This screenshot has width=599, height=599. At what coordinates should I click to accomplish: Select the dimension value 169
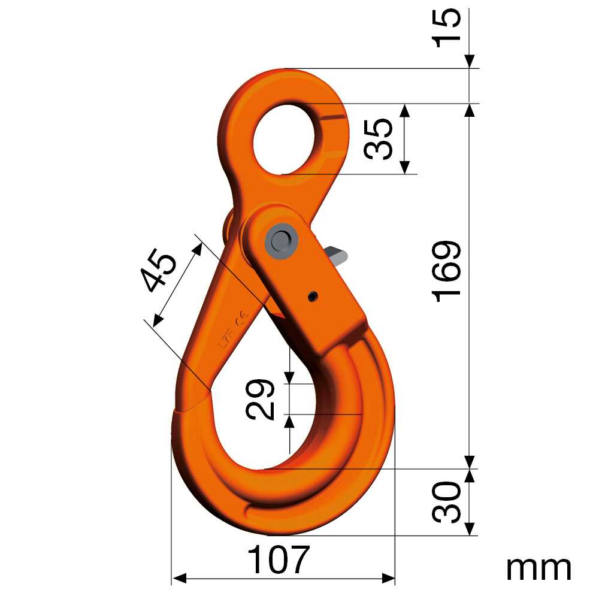click(448, 271)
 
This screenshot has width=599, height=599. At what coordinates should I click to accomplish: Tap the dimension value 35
click(379, 138)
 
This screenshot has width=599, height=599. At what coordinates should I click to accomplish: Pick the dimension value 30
click(448, 502)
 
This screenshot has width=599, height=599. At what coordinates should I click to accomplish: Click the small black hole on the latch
click(312, 297)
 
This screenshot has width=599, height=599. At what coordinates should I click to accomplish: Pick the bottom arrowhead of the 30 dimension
click(470, 528)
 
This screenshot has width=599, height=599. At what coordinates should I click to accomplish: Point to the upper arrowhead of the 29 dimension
click(289, 377)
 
